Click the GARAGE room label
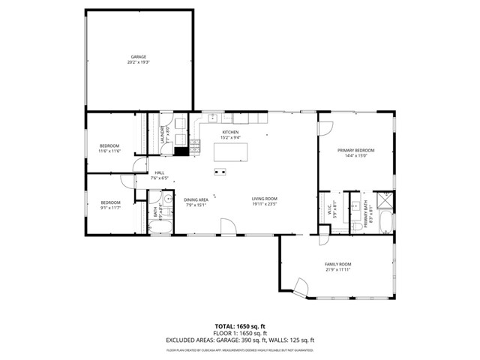coord(139,56)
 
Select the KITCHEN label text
coord(230,132)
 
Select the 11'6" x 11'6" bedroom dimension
coord(110,151)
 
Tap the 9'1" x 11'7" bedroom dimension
coord(110,208)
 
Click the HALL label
coord(159,173)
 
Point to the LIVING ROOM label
coord(264,199)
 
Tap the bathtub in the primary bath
coord(384,223)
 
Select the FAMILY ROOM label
coord(337,264)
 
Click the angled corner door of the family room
coord(301,287)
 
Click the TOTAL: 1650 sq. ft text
coord(239,325)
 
